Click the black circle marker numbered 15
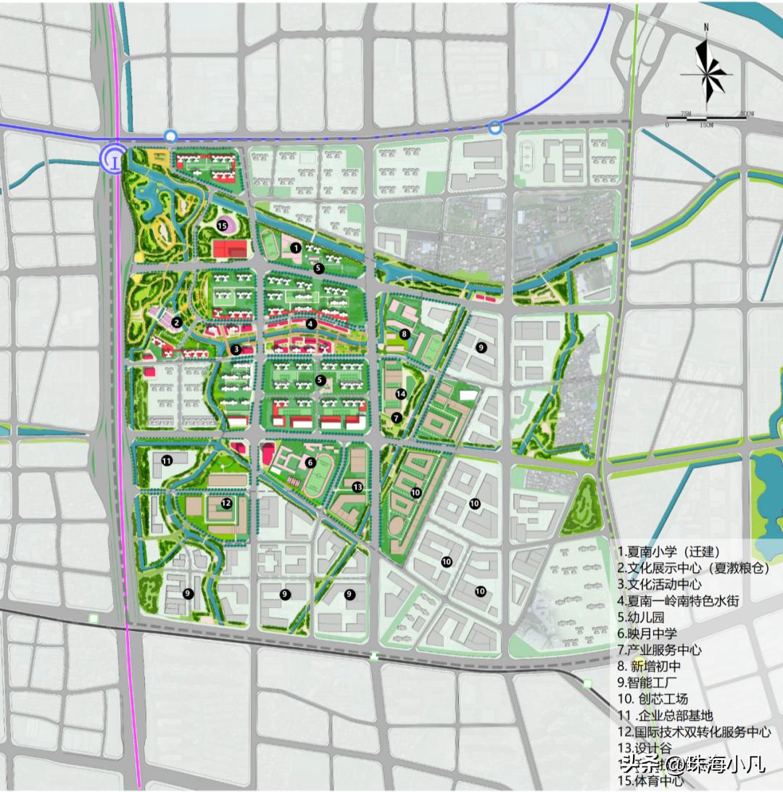click(222, 226)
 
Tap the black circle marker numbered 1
click(295, 247)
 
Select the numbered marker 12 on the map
click(226, 503)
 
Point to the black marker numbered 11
click(167, 460)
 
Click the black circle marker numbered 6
click(310, 462)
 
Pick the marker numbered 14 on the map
click(400, 393)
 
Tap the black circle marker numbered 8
click(405, 334)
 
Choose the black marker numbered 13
click(357, 487)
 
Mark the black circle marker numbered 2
click(177, 321)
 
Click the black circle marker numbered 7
click(396, 417)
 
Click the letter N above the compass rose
click(706, 27)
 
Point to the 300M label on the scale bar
click(745, 114)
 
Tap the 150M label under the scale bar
click(705, 125)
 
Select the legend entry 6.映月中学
click(647, 633)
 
